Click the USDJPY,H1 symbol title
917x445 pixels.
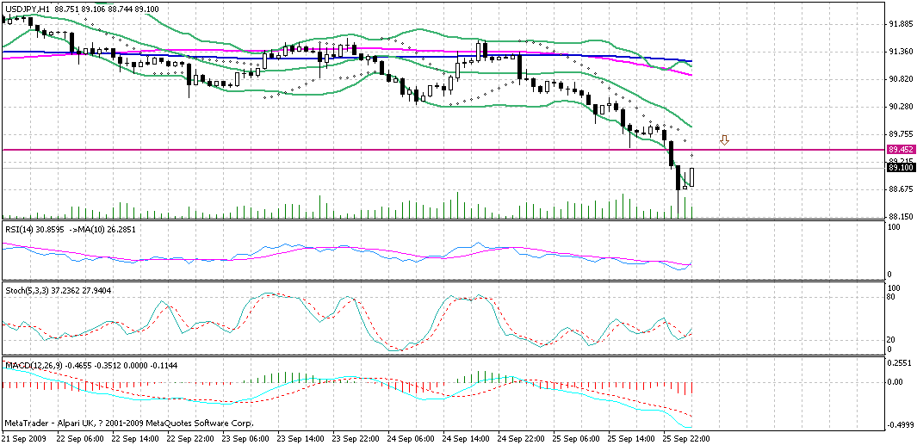coord(25,8)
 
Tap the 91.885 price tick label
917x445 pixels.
coord(901,24)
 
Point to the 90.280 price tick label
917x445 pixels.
coord(901,107)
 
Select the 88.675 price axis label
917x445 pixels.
coord(901,189)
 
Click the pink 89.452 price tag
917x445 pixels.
coord(901,150)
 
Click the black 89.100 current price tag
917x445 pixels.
coord(901,169)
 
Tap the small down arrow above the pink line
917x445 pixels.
coord(725,139)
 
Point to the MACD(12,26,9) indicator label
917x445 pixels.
coord(29,367)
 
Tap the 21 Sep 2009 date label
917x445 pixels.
coord(24,438)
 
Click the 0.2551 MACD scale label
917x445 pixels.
coord(901,363)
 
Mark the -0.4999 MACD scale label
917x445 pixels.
coord(901,425)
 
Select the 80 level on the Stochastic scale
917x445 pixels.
coord(894,297)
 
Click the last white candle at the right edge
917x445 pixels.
coord(692,177)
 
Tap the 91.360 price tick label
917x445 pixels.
coord(901,52)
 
